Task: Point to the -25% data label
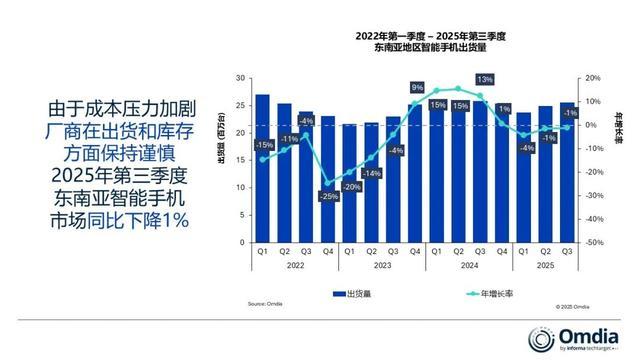tap(328, 197)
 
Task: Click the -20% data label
tap(351, 187)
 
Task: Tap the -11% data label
tap(288, 138)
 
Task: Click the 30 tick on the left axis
tap(241, 78)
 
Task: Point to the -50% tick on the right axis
tap(593, 242)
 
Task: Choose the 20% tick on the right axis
tap(592, 78)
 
